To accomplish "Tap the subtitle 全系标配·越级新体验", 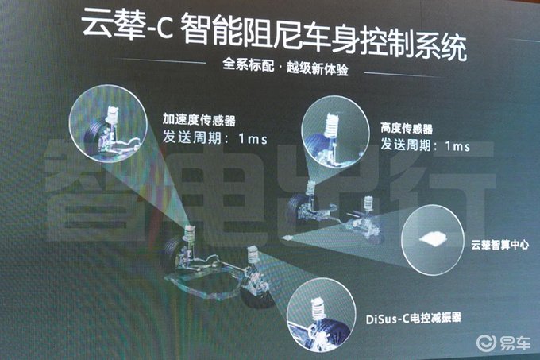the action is point(286,67).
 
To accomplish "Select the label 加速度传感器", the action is point(199,120).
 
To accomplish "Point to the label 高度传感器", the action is point(407,129).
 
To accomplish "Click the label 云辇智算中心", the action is point(500,245).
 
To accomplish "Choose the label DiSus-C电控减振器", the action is point(413,319).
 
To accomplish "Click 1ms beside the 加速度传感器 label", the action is point(253,139).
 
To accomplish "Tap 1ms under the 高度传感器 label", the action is point(457,146).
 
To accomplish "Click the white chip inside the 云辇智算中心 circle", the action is point(434,238).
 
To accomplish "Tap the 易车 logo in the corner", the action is point(503,343).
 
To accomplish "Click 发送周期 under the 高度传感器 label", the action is point(405,144).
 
